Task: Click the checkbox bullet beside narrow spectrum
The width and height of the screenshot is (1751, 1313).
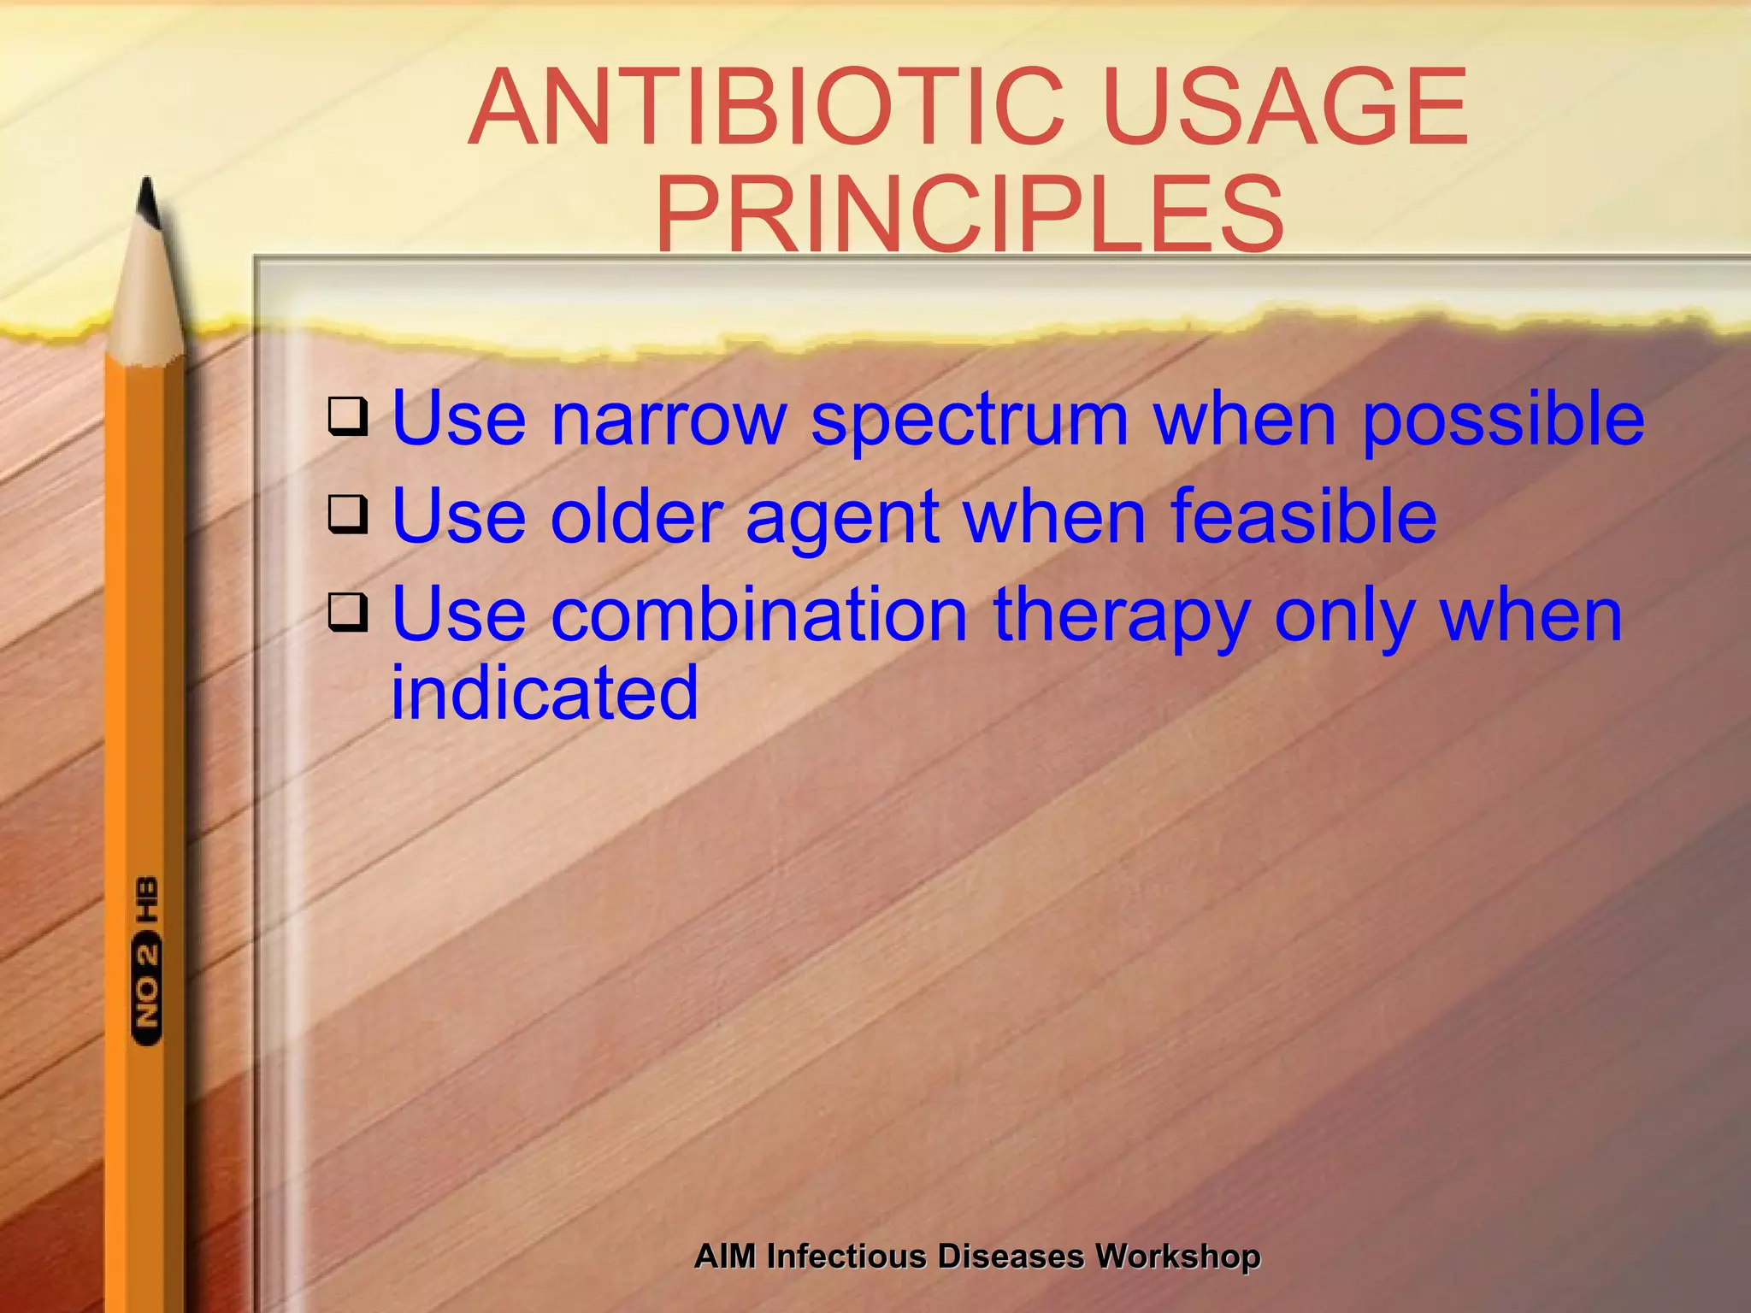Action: (348, 416)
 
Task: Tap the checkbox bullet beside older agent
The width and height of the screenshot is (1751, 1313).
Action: (348, 515)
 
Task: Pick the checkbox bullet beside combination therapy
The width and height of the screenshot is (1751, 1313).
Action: (348, 613)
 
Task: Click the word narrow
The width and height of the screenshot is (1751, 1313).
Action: (668, 419)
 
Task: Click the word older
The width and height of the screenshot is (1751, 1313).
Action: (637, 516)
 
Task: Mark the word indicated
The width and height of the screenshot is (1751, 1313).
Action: (545, 692)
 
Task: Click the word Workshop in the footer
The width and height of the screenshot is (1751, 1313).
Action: (1177, 1257)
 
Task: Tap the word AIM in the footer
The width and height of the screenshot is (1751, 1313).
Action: (725, 1257)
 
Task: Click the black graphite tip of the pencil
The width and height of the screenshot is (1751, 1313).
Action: (148, 203)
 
